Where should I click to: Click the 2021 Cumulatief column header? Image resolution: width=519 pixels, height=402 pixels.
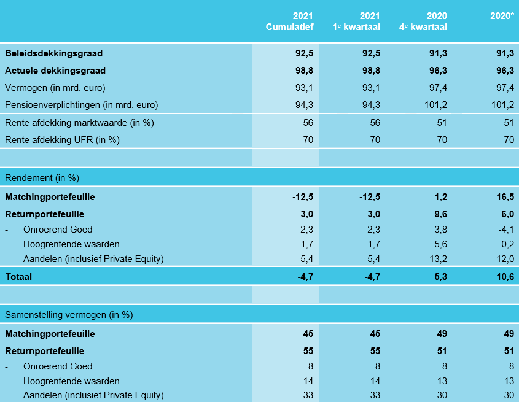pos(289,21)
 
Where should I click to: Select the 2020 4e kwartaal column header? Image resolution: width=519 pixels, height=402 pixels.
pos(424,21)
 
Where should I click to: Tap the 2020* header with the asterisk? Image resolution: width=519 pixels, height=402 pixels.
pos(502,15)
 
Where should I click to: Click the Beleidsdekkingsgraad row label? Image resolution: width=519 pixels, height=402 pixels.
pos(54,53)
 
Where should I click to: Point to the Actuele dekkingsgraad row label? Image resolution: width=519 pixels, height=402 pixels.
pos(55,71)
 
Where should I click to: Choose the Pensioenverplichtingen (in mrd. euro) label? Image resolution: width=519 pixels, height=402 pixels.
pos(82,104)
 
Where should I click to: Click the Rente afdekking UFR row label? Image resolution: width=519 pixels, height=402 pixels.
pos(62,139)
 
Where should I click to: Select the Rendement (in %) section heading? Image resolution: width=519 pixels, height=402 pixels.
pos(42,178)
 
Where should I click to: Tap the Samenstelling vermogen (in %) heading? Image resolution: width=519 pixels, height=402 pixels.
pos(69,315)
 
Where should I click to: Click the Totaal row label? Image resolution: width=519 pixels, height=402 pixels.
pos(18,276)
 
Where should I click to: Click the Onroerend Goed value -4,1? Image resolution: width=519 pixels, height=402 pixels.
pos(505,230)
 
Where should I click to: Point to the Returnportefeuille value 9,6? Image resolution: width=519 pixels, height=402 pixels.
pos(440,214)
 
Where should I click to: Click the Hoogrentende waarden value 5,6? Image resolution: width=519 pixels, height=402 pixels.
pos(440,244)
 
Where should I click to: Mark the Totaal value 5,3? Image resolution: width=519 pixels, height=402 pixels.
pos(440,276)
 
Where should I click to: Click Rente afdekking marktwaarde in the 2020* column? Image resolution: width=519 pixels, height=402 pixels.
pos(509,122)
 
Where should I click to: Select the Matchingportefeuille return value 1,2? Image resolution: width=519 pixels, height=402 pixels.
pos(440,197)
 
